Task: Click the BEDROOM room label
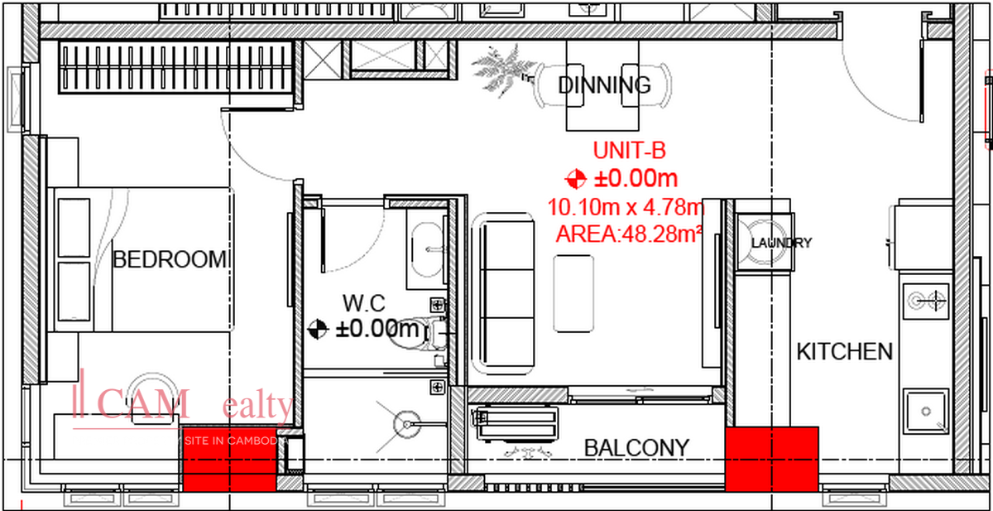(169, 259)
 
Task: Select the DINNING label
(604, 84)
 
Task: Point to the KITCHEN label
(844, 351)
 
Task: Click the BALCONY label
(636, 448)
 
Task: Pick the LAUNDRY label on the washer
(781, 243)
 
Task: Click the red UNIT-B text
(629, 151)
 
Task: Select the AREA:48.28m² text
(629, 234)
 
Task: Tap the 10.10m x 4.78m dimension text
(626, 206)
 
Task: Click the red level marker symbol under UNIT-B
(575, 178)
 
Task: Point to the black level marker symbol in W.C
(317, 330)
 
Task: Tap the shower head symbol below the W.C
(405, 422)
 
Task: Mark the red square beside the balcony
(771, 458)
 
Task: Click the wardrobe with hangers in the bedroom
(175, 71)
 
